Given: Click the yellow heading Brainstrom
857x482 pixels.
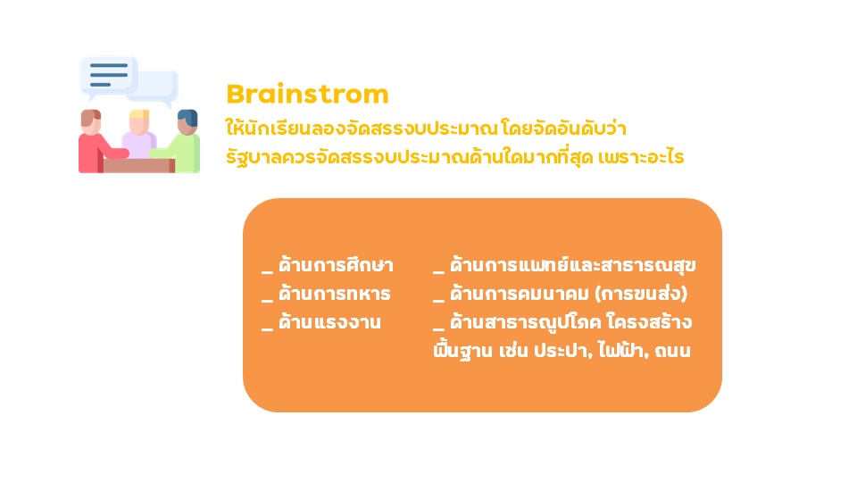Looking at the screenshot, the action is pos(307,94).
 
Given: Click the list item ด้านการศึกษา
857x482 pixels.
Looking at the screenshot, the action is pos(336,266).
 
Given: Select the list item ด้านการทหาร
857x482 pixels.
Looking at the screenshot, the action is pos(335,294).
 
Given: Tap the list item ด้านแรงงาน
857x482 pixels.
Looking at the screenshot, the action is pos(329,322).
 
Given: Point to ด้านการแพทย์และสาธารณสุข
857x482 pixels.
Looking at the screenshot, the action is pos(573,266).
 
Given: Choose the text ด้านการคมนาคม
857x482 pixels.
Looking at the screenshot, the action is pos(520,294).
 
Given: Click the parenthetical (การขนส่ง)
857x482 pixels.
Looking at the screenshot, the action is pos(641,294).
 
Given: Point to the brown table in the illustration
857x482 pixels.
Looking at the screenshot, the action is pos(139,166).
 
